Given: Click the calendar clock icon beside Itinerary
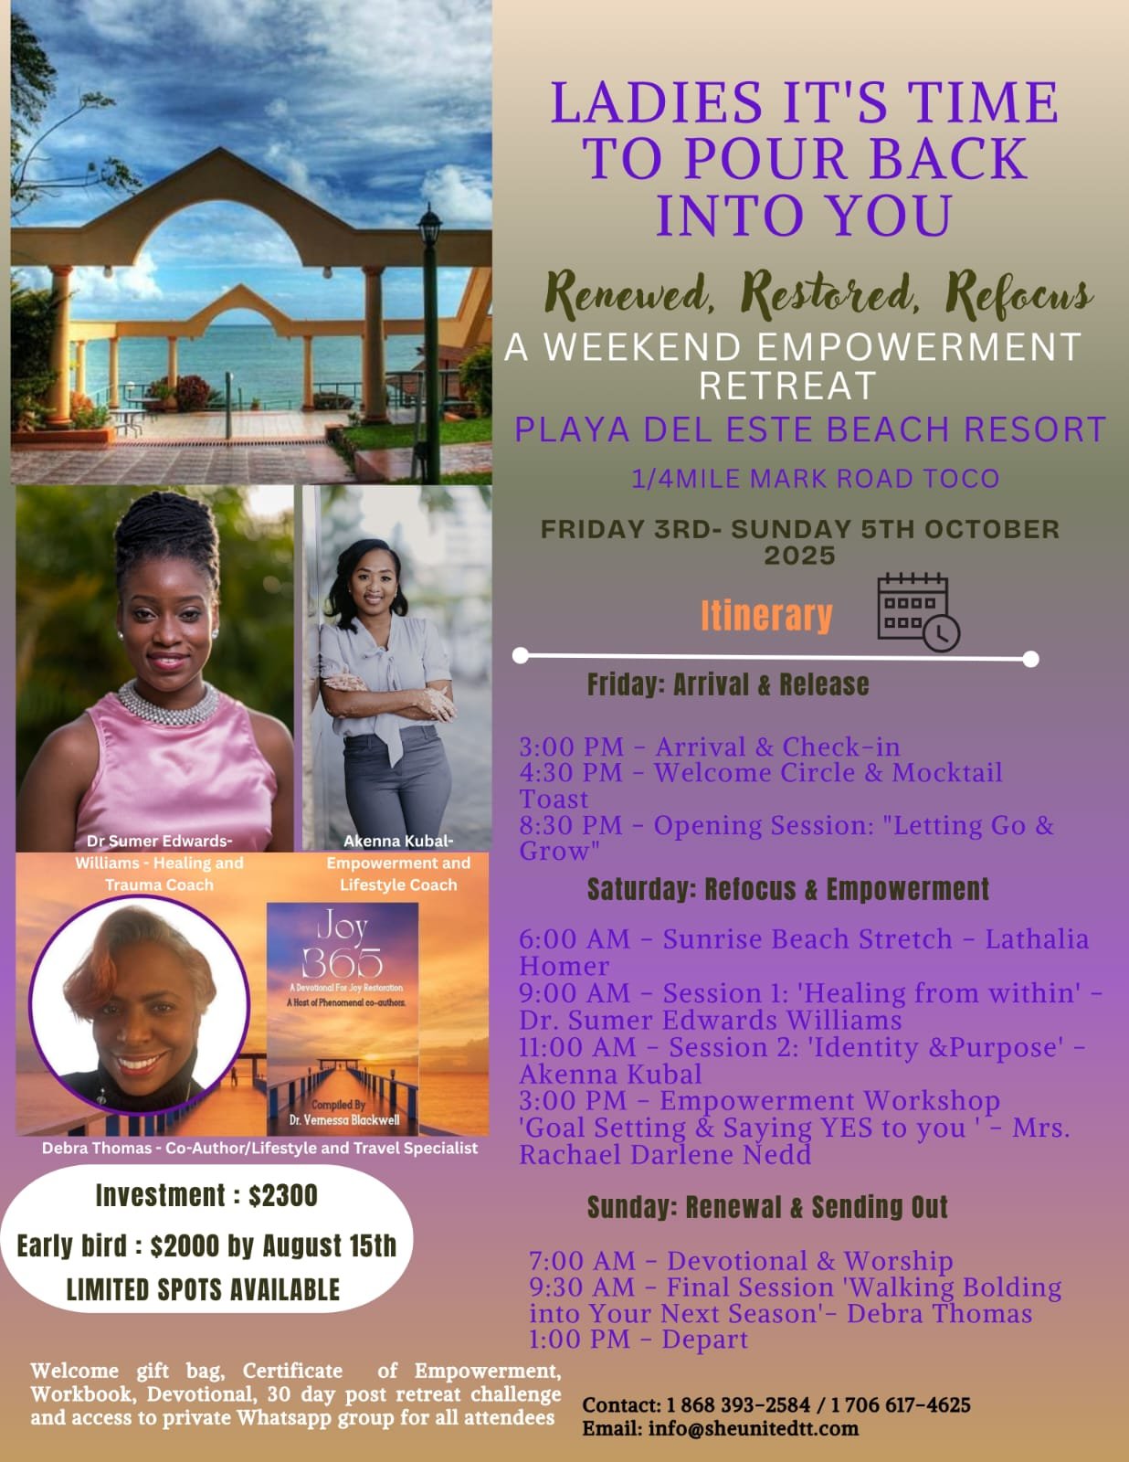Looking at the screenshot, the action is pyautogui.click(x=919, y=612).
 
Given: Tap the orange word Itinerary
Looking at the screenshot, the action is pyautogui.click(x=766, y=616).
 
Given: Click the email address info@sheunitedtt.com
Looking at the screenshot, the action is pyautogui.click(x=753, y=1428).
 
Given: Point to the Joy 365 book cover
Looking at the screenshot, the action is pyautogui.click(x=343, y=1019).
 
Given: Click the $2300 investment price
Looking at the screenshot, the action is pyautogui.click(x=283, y=1195).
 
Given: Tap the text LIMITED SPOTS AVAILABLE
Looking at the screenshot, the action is pyautogui.click(x=203, y=1290).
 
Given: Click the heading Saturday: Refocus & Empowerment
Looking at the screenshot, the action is pyautogui.click(x=788, y=889).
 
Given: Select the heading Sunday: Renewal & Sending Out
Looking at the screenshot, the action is pyautogui.click(x=767, y=1206).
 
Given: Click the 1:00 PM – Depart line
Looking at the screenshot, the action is pyautogui.click(x=638, y=1339).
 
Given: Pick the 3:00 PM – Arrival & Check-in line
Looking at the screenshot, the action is pyautogui.click(x=710, y=747).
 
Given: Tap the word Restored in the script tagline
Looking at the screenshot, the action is pyautogui.click(x=829, y=295).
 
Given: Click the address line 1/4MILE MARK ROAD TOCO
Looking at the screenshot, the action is pyautogui.click(x=815, y=479).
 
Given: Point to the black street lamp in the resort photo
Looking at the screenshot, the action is pyautogui.click(x=429, y=344).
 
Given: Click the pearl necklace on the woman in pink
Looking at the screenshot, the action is pyautogui.click(x=168, y=703).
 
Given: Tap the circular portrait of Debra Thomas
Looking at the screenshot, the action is pyautogui.click(x=139, y=1004).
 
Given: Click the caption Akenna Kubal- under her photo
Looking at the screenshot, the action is pyautogui.click(x=398, y=841).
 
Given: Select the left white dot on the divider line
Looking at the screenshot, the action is pyautogui.click(x=521, y=655).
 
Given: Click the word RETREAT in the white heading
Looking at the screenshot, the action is pyautogui.click(x=786, y=386).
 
